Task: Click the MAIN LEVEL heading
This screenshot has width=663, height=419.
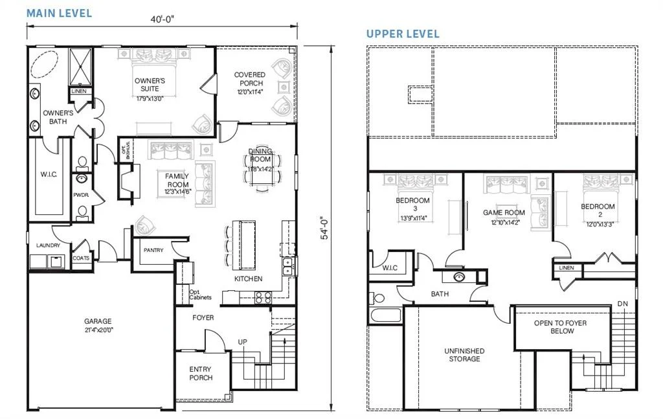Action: click(59, 13)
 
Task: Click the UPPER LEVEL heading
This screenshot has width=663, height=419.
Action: click(403, 34)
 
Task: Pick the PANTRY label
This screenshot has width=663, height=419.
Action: click(153, 250)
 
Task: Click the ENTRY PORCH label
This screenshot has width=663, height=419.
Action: click(201, 373)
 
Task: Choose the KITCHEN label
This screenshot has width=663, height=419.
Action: click(248, 278)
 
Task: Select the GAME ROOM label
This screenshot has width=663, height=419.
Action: click(503, 212)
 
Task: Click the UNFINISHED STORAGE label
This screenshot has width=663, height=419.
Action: click(464, 354)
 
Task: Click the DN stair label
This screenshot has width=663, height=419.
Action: click(623, 304)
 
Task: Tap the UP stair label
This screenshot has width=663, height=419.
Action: click(242, 341)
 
